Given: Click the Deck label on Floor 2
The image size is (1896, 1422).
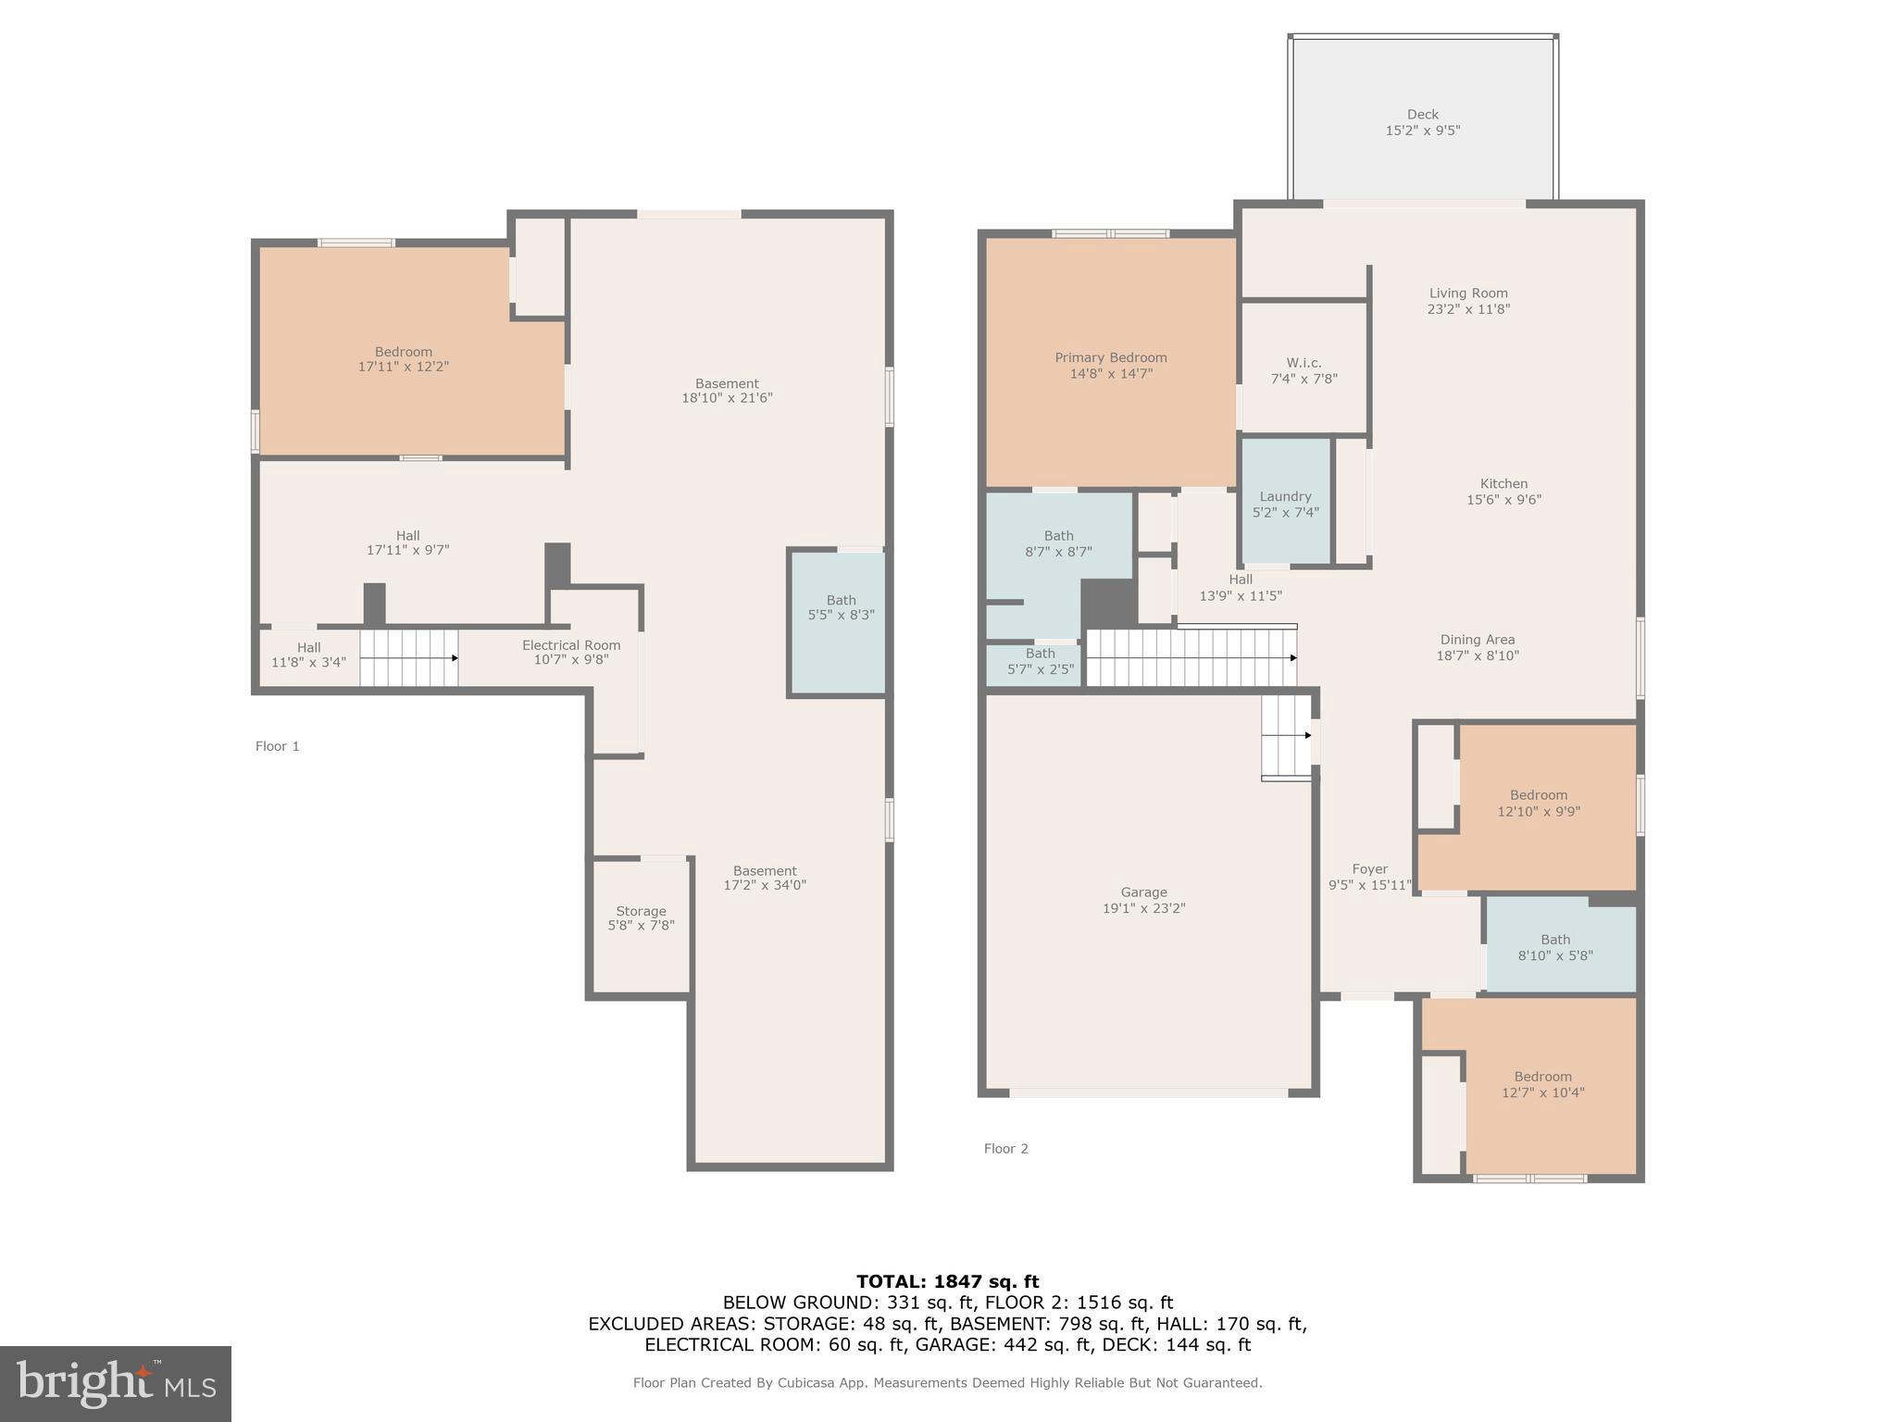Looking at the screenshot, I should tap(1422, 115).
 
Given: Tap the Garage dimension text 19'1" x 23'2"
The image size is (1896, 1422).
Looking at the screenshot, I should tap(1143, 908).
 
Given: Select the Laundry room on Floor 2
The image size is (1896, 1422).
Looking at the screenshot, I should tap(1285, 504).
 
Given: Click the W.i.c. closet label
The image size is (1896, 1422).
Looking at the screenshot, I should tap(1303, 363).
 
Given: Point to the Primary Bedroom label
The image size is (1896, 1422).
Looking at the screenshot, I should tap(1110, 357).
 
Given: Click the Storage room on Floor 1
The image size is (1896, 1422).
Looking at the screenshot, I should tap(641, 917).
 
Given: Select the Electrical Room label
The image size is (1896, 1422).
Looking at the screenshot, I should tap(570, 645).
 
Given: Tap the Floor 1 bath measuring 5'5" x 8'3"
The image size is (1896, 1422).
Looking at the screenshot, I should tap(841, 607).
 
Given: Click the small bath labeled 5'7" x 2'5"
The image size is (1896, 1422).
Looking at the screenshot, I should tap(1040, 661).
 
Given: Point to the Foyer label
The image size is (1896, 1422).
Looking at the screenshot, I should tap(1369, 869).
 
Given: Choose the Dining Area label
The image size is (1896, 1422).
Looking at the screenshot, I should tap(1477, 640).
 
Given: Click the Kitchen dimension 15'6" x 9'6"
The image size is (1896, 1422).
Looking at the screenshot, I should tap(1503, 500).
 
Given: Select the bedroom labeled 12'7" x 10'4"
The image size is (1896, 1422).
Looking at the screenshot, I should tap(1542, 1084).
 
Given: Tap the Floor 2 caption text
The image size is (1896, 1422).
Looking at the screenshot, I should tap(1005, 1149).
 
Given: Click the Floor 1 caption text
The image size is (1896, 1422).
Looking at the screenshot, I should tap(277, 746).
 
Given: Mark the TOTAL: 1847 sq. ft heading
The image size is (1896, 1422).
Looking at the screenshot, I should tap(947, 1281).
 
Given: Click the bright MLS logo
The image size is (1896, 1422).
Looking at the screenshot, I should tap(116, 1383).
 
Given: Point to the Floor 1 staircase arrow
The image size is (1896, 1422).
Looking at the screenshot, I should tap(454, 658).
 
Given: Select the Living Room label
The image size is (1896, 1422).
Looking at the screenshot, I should tap(1468, 293).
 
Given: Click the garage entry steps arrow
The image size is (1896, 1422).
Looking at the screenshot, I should tap(1307, 735).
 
